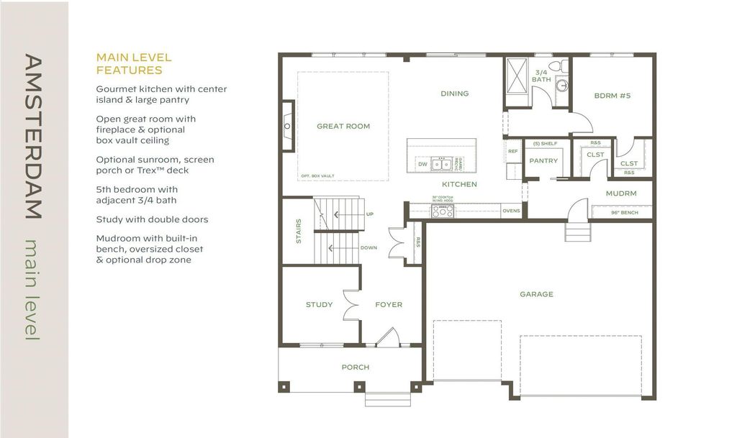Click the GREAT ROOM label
click(343, 126)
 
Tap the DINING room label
click(454, 93)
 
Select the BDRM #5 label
click(612, 95)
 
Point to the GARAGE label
click(536, 294)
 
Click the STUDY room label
click(319, 304)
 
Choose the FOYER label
click(389, 304)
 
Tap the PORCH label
click(355, 367)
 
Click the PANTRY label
click(543, 160)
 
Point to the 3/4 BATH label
click(543, 76)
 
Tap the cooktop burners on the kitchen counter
click(441, 211)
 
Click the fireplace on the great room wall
click(287, 127)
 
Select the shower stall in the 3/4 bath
click(517, 74)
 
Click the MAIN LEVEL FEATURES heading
click(134, 64)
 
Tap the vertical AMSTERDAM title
click(32, 136)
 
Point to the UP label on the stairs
click(369, 214)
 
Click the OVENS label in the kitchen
click(511, 211)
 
